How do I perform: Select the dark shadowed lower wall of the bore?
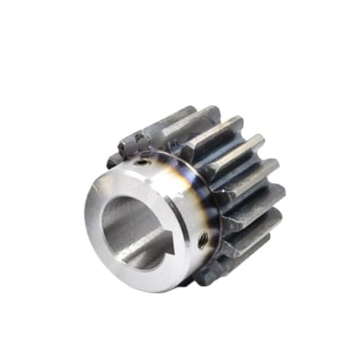[138, 255]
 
